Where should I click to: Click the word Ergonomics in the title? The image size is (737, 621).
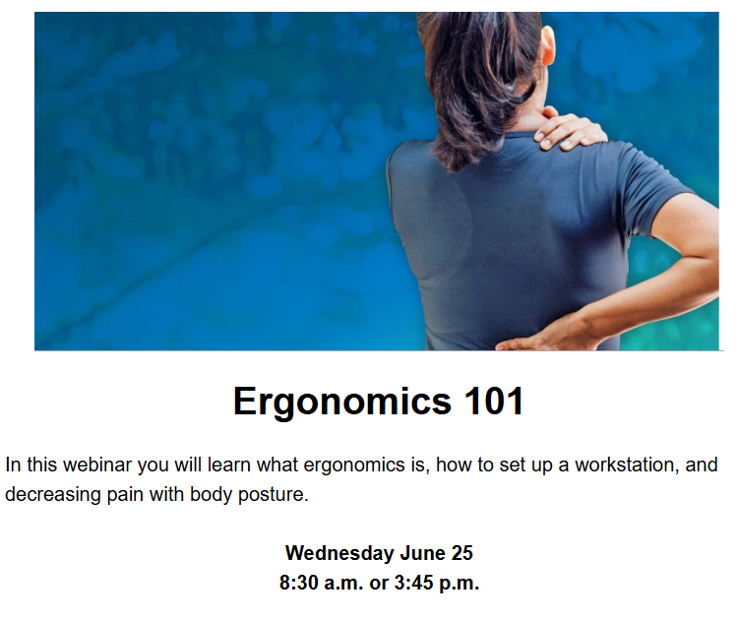[x=342, y=403]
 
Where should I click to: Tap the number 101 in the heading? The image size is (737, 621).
[x=494, y=401]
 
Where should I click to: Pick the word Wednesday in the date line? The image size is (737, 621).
[x=339, y=553]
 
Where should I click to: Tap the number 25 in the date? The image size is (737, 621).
[x=462, y=553]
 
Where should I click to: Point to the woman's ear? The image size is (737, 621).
[x=547, y=47]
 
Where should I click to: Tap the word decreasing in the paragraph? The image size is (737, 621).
[x=53, y=495]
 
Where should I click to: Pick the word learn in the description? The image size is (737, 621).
[x=230, y=465]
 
